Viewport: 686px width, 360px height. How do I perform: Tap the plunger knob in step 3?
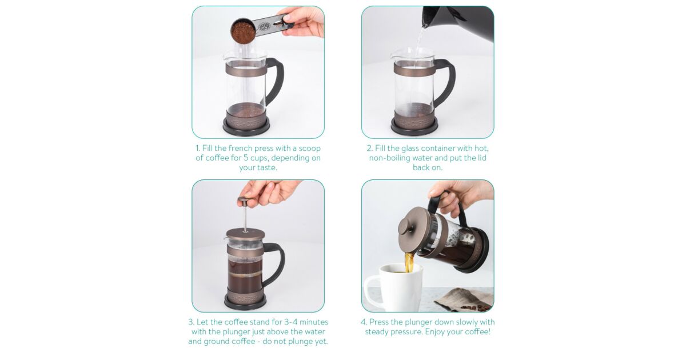click(x=245, y=201)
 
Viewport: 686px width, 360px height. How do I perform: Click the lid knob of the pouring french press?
click(x=406, y=227)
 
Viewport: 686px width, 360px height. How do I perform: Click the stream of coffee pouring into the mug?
click(x=409, y=262)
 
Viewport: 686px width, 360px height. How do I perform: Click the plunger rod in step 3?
click(x=245, y=219)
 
